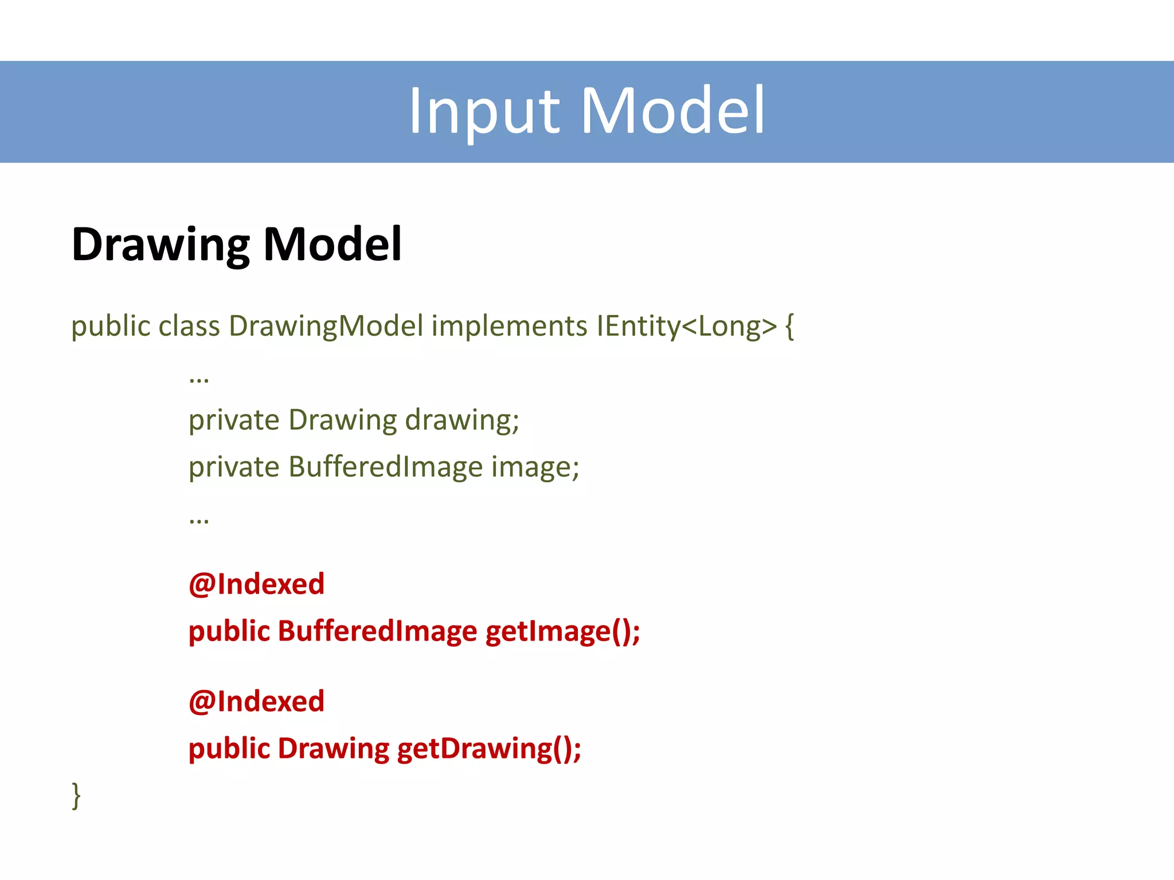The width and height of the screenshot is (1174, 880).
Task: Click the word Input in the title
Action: tap(483, 111)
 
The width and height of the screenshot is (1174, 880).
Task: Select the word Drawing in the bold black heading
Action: tap(161, 245)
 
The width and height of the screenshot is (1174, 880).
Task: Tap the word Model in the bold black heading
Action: tap(332, 244)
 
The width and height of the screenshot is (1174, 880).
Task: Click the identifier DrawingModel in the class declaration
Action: tap(326, 327)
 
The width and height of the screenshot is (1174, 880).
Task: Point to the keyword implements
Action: tap(509, 327)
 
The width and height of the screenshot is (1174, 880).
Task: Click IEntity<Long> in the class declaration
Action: tap(686, 327)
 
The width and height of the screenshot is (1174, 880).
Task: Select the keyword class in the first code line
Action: tap(189, 327)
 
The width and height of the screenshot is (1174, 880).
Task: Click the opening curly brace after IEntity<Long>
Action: tap(789, 327)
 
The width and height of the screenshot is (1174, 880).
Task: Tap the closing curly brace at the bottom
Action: tap(76, 795)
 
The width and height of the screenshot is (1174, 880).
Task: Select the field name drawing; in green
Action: tap(462, 421)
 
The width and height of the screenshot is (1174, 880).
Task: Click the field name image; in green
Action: tap(535, 467)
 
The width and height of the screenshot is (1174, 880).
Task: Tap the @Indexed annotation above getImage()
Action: tap(256, 584)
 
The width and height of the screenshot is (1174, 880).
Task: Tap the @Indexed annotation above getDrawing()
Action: tap(256, 702)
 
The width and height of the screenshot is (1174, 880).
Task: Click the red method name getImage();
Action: tap(562, 631)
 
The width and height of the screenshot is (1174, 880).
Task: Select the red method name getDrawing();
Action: tap(489, 749)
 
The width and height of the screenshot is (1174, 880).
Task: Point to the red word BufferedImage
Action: tap(377, 631)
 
